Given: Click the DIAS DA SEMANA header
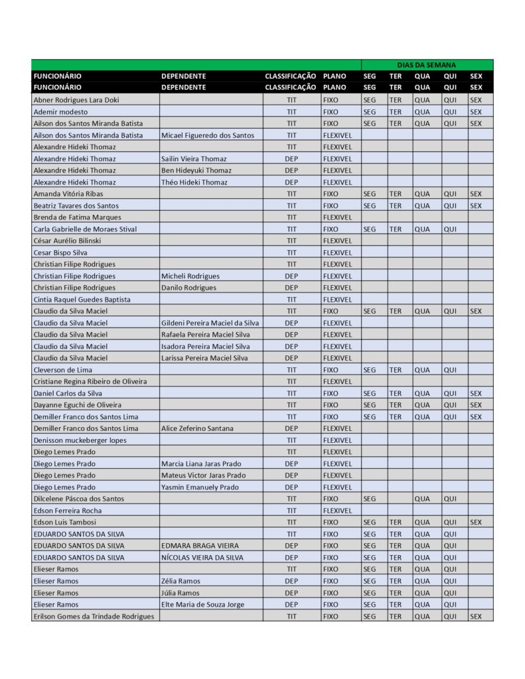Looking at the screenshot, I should pos(427,65).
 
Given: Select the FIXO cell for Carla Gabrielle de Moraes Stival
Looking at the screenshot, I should pos(330,229).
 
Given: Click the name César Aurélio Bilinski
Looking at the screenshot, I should pos(67,241).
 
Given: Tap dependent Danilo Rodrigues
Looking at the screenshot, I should pos(188,288).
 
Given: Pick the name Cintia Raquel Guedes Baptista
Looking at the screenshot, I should pos(82,300).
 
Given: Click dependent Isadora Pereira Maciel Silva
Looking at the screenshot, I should pos(205,346).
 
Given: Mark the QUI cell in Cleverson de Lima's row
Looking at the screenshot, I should pos(450,370).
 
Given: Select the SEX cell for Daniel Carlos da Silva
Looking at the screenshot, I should pos(475,393).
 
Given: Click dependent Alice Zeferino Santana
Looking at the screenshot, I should pos(197,428).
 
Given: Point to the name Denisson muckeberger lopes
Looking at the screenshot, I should pos(80,440).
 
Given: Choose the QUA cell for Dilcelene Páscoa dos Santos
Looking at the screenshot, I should pos(422,499).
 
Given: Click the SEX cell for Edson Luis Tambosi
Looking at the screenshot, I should pos(475,523).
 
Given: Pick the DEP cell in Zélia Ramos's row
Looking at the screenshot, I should pos(291,581).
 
